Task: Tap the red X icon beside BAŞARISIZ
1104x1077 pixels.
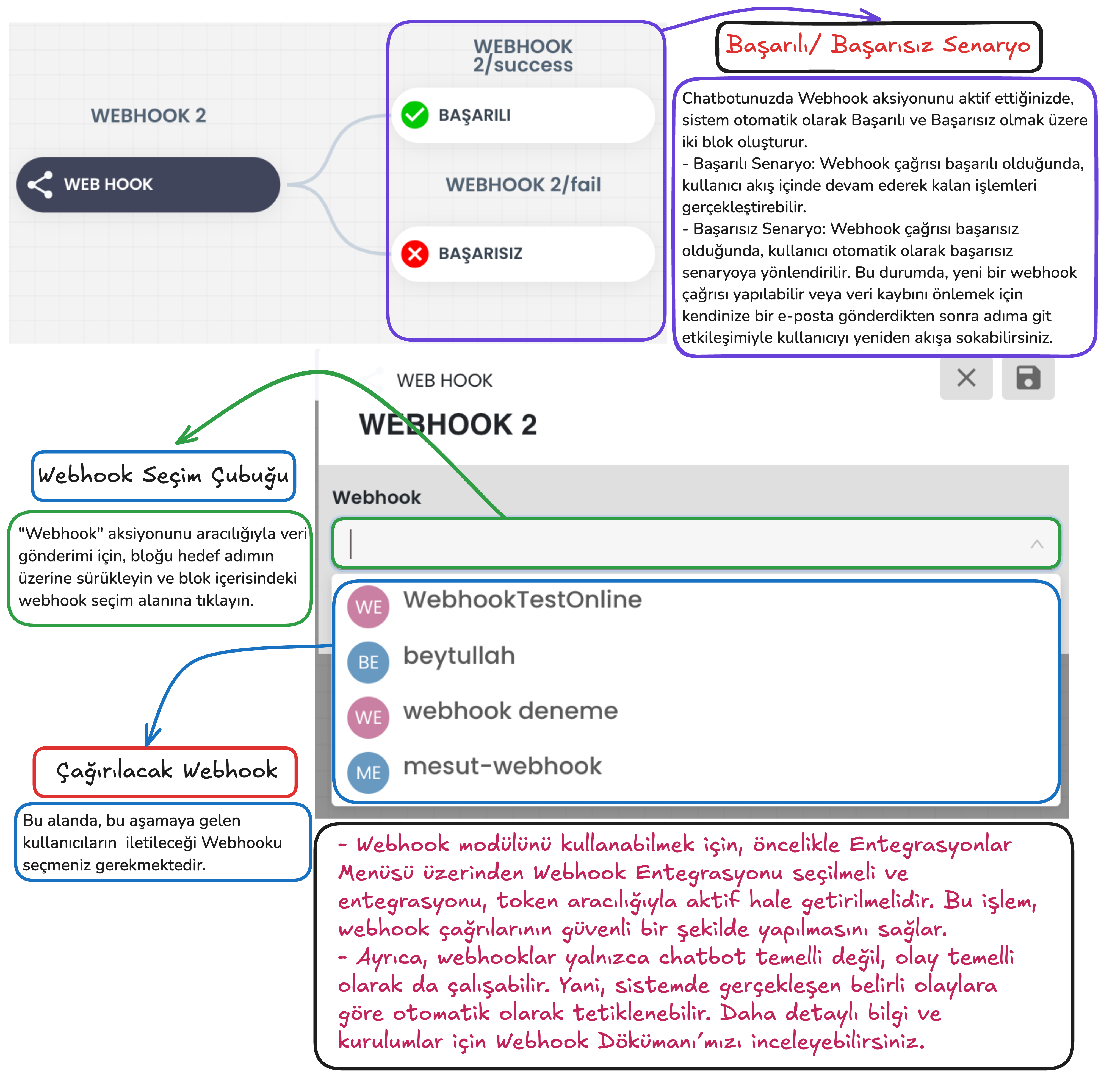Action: tap(415, 253)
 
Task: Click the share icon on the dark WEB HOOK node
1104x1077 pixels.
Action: tap(40, 184)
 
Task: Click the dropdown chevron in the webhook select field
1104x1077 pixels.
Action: tap(1037, 544)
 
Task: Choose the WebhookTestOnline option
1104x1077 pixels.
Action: tap(522, 599)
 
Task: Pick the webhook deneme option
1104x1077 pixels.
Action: tap(510, 711)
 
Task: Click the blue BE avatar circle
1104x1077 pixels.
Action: tap(368, 662)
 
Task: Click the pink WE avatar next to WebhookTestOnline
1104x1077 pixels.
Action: tap(368, 607)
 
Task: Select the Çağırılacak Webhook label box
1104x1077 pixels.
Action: tap(165, 771)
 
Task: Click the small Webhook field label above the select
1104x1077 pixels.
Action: tap(376, 497)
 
